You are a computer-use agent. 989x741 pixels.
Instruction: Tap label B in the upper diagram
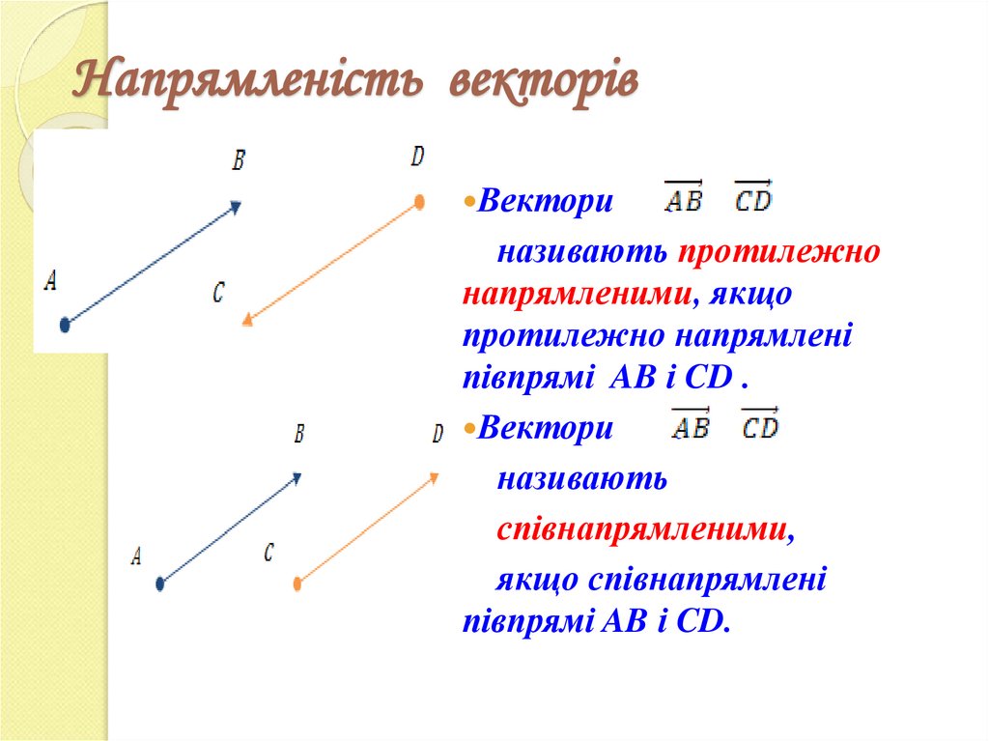(x=239, y=160)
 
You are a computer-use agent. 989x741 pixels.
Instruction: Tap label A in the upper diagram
(x=51, y=281)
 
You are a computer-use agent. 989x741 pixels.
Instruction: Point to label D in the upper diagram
(x=417, y=157)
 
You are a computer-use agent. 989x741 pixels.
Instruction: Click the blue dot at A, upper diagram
(x=65, y=325)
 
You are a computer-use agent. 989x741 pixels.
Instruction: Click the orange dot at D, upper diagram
(x=419, y=202)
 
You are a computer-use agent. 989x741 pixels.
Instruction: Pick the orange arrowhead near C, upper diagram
(x=247, y=320)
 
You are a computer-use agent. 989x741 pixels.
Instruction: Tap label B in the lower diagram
(x=299, y=435)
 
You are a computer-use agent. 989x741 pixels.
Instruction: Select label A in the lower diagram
(x=136, y=556)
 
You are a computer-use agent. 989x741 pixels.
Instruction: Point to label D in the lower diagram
(x=438, y=435)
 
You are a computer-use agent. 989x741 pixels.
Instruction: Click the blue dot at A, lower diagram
(x=160, y=583)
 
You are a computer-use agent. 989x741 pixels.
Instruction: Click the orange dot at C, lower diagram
(x=297, y=583)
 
